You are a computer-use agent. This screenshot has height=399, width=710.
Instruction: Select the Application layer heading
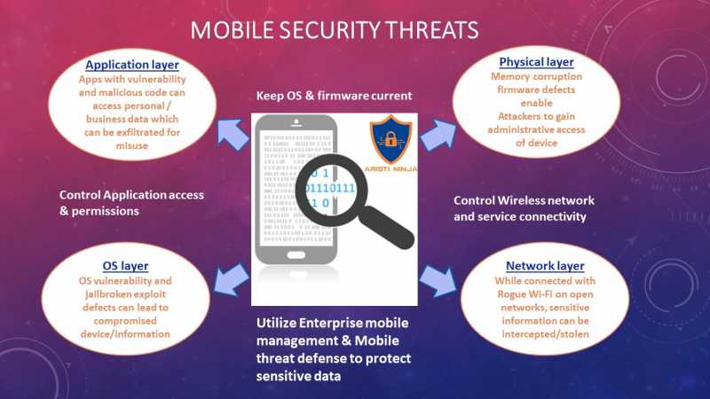point(131,65)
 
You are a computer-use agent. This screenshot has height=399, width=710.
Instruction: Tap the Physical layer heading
point(536,62)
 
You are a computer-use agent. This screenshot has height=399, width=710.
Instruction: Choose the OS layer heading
point(125,265)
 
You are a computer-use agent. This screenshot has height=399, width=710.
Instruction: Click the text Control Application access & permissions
point(131,203)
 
